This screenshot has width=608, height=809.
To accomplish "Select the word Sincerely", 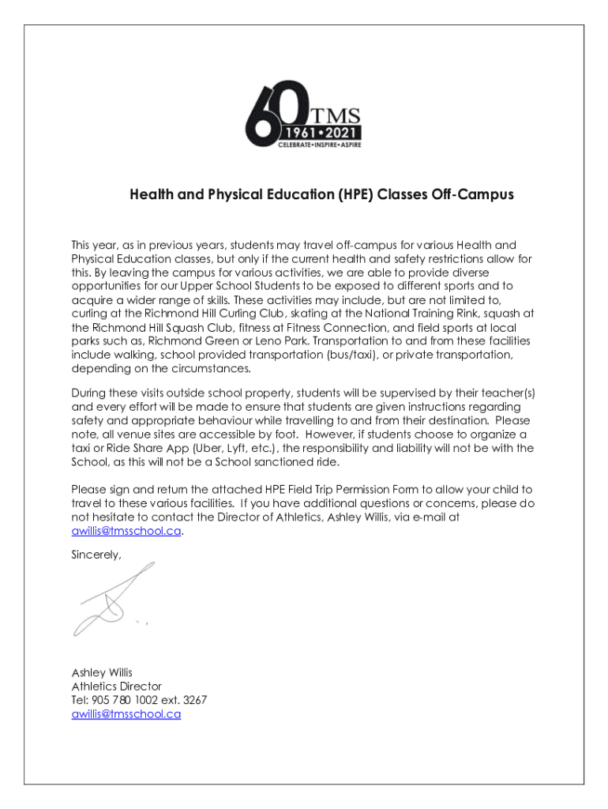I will click(96, 555).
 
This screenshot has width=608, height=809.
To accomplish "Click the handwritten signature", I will click(111, 600).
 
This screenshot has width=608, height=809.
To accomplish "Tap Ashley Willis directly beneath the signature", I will click(102, 672).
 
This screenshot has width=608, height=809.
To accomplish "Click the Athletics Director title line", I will click(116, 687).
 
